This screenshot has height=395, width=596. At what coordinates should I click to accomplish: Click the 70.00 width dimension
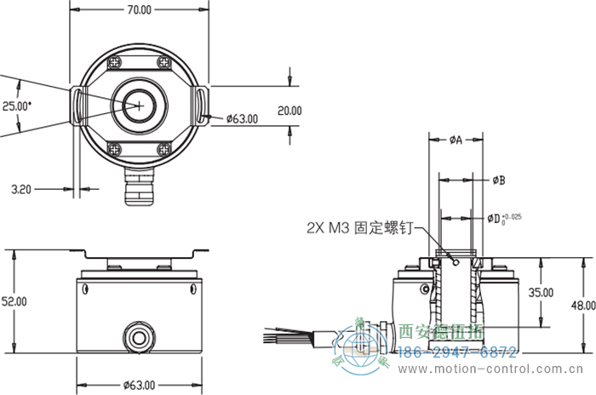click(139, 10)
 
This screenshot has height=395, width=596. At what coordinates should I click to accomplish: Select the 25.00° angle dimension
click(17, 106)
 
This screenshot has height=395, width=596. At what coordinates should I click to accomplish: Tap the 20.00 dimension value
click(290, 111)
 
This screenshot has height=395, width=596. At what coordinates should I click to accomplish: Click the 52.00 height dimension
click(14, 301)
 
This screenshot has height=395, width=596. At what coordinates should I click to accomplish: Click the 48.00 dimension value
click(583, 306)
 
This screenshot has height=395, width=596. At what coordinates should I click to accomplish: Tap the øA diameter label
click(455, 140)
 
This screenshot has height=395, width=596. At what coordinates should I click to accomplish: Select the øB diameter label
click(500, 180)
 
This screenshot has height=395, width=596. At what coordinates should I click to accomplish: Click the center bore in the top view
click(139, 104)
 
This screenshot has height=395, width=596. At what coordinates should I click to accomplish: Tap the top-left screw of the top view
click(114, 62)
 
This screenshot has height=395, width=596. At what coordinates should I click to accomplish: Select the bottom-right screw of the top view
click(163, 148)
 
